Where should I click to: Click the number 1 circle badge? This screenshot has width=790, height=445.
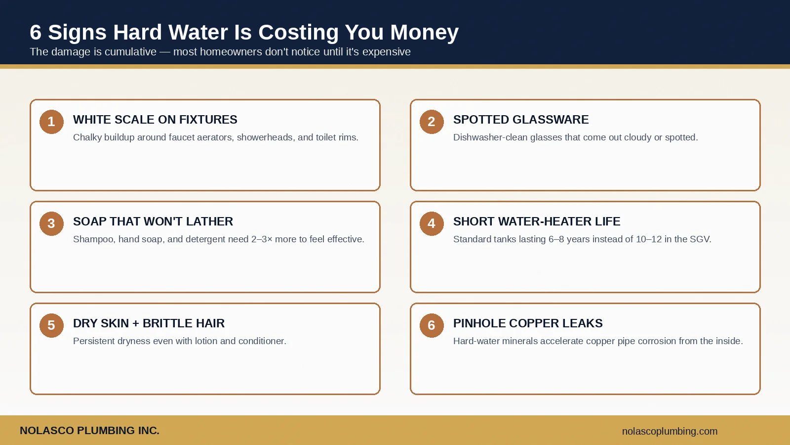[x=51, y=122]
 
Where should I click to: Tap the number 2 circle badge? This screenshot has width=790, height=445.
[x=432, y=122]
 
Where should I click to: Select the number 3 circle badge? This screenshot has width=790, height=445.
[x=51, y=223]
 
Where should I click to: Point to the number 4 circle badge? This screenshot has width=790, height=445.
[x=432, y=223]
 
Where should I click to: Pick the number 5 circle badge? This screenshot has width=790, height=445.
[x=51, y=325]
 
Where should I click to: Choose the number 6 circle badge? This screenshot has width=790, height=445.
[x=432, y=325]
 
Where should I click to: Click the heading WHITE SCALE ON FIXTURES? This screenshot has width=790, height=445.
[x=155, y=120]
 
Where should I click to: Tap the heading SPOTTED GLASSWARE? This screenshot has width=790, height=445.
[x=521, y=120]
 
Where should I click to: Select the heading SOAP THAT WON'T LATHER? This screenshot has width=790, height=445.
[x=153, y=222]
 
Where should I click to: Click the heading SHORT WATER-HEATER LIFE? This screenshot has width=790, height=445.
[x=537, y=222]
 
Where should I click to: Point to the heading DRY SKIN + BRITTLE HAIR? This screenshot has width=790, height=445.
[x=149, y=323]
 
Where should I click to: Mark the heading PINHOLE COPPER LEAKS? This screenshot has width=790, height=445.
[x=528, y=323]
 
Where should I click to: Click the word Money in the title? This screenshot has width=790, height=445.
[x=424, y=33]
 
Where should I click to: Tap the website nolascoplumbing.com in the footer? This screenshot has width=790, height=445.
[x=670, y=431]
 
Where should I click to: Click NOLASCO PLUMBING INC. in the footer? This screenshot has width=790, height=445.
[x=89, y=431]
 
